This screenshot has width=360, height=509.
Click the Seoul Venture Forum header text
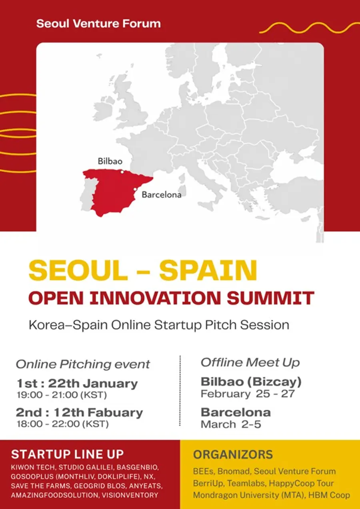click(x=98, y=24)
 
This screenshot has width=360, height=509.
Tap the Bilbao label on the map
click(x=110, y=161)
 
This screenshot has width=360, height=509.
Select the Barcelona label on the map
click(x=162, y=195)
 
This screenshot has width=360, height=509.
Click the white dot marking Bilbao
click(x=122, y=172)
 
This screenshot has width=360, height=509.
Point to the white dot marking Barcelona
click(x=135, y=189)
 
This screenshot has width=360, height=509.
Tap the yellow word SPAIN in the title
click(x=208, y=271)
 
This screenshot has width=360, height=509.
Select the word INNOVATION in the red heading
click(x=155, y=298)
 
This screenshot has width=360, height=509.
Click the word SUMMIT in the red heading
click(x=271, y=298)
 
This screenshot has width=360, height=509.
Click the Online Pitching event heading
click(x=83, y=364)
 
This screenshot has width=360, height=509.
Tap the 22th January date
click(x=93, y=384)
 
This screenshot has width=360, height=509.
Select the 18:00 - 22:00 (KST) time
click(x=63, y=424)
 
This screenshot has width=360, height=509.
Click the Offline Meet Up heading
click(x=250, y=363)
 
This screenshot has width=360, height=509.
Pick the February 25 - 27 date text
click(x=248, y=394)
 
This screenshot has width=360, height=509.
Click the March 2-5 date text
click(x=231, y=425)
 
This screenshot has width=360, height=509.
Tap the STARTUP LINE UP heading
click(x=68, y=455)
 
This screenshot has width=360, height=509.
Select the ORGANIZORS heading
click(x=233, y=455)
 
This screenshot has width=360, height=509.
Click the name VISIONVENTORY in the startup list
click(x=130, y=495)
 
